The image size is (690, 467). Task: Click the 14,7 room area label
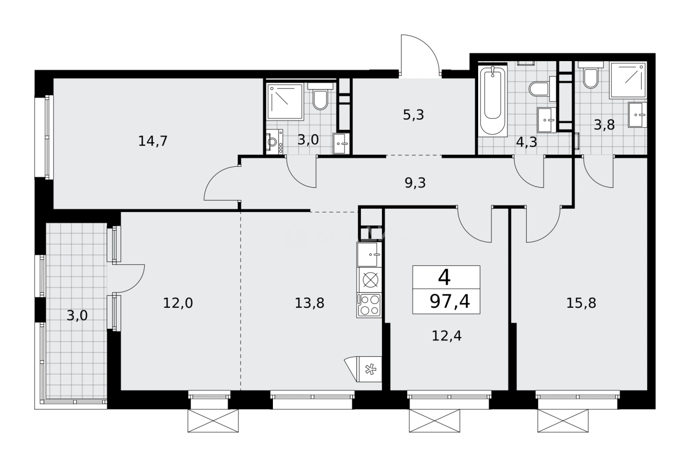click(x=153, y=141)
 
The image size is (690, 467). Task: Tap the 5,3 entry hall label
click(x=413, y=115)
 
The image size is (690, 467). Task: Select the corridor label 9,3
click(x=415, y=183)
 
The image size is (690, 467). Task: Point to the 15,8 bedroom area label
click(x=582, y=302)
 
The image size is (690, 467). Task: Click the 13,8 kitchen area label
click(x=309, y=302)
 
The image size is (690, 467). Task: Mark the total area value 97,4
click(x=450, y=302)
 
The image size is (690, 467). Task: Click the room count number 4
click(x=444, y=278)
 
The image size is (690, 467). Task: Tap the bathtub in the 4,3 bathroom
click(x=492, y=101)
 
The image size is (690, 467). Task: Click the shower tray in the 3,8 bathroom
click(x=628, y=80)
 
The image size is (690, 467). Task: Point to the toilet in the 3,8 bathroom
click(x=590, y=78)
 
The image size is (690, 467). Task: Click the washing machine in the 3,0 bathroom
click(x=273, y=142)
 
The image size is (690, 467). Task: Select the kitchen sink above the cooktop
click(x=370, y=254)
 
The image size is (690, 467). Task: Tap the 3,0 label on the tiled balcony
click(x=77, y=316)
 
